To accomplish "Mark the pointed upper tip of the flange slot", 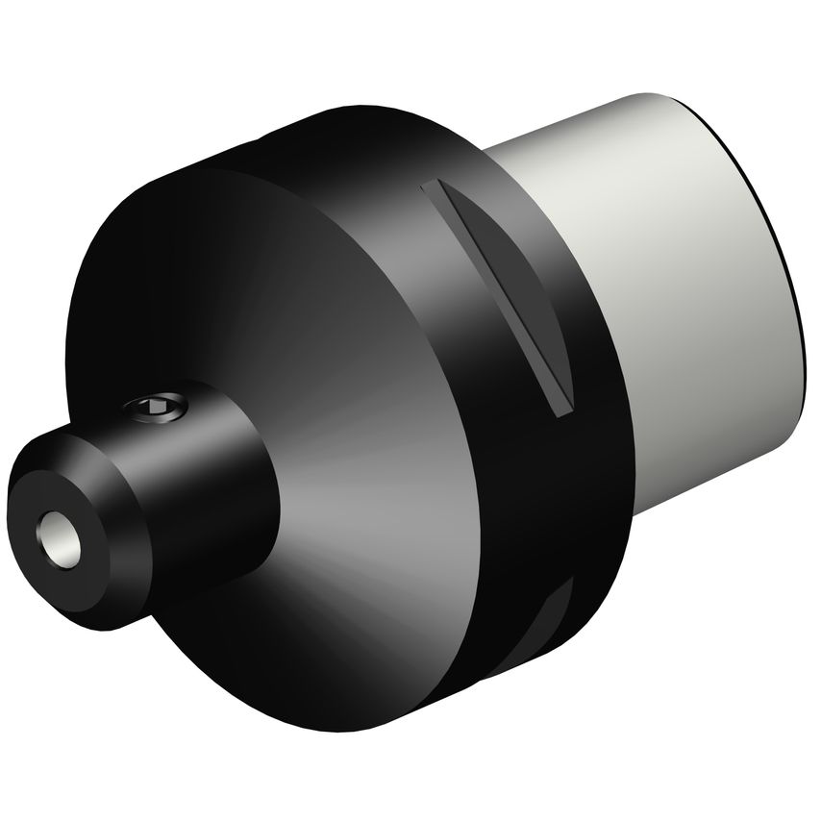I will [433, 185].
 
